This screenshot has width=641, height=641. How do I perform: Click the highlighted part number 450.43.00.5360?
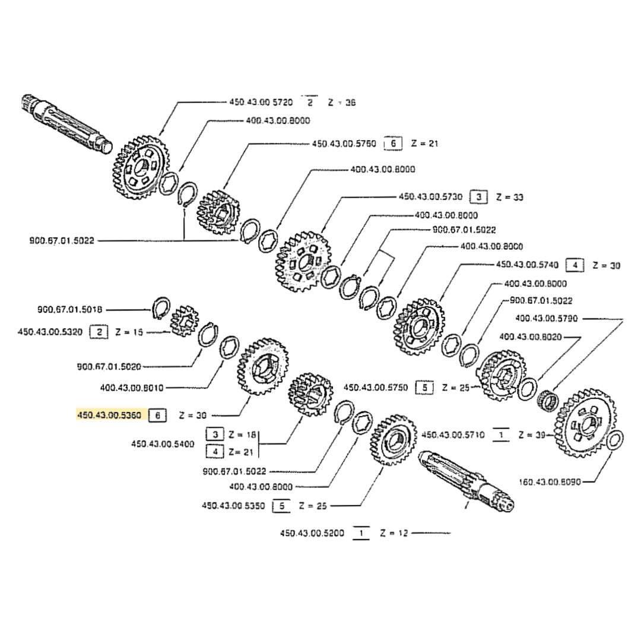coord(109,415)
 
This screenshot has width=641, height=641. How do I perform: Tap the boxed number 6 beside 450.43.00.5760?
coord(393,144)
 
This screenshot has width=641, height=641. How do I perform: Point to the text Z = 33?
coord(509,196)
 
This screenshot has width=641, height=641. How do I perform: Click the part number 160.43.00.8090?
coord(550,481)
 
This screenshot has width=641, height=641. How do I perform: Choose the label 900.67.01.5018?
coord(70,309)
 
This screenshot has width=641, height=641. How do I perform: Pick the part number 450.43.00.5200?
coord(312,534)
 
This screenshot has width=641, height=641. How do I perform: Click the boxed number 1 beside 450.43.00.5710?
coord(502,435)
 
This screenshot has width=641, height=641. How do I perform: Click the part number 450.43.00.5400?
coord(163,443)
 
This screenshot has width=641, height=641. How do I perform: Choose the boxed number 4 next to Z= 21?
coord(214,452)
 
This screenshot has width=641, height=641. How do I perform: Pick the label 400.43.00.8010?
coord(132,388)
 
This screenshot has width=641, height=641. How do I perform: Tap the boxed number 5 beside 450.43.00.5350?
coord(281,506)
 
